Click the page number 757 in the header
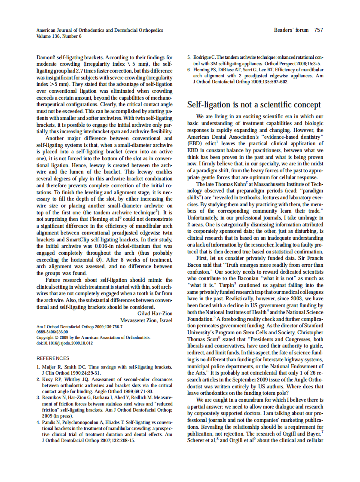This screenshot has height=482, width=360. tap(318, 30)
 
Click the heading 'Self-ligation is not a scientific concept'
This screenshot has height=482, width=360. tap(254, 105)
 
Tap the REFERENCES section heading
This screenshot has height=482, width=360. tap(53, 358)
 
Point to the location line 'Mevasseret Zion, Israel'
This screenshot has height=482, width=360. tap(146, 320)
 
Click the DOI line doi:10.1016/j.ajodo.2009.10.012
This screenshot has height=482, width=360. tap(64, 343)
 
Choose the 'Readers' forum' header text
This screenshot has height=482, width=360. tap(291, 30)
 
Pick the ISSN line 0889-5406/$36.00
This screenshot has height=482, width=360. tap(52, 332)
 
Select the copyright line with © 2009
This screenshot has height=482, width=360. tap(93, 338)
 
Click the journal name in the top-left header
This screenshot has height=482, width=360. tap(100, 30)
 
